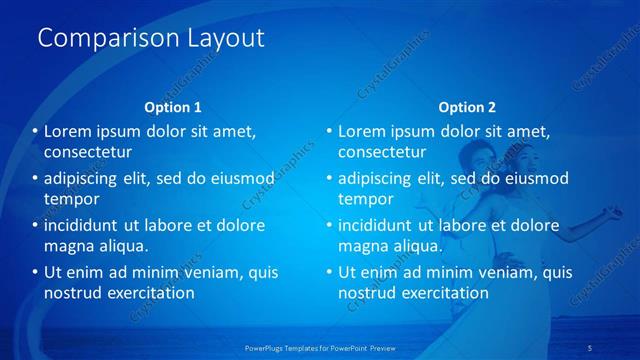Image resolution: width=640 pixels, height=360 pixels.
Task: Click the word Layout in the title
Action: [225, 39]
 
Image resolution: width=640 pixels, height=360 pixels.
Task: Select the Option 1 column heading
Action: [173, 107]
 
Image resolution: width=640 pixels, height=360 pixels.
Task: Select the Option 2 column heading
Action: [466, 107]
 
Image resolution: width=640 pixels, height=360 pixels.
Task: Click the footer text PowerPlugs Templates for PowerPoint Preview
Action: [319, 348]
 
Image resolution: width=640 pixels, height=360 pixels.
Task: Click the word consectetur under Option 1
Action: [88, 152]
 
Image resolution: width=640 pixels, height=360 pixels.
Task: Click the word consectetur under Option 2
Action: [382, 152]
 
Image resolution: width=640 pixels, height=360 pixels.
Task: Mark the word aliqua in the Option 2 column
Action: [418, 246]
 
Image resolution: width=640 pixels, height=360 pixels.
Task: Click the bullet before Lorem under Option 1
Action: [35, 131]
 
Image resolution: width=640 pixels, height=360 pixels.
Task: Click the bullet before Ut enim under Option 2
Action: [329, 272]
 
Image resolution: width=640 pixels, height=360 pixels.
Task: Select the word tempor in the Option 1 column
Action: [69, 199]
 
